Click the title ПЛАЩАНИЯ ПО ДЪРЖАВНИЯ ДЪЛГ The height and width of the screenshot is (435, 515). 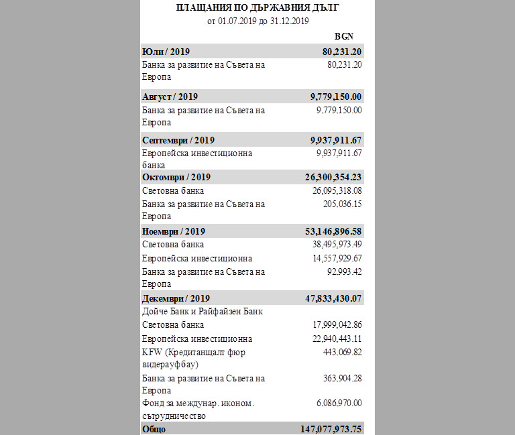coord(257,8)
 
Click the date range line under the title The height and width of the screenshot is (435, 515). coord(257,21)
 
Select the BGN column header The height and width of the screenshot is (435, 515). coord(343,36)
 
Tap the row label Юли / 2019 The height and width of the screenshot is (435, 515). coord(166,52)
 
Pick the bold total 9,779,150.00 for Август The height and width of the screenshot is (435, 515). coord(336,97)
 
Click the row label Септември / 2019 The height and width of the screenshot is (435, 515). coord(178,140)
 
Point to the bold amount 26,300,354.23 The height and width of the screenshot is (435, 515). coord(333,177)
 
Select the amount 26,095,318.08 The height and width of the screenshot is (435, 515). coord(337,191)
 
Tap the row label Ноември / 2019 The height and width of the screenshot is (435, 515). coord(174,231)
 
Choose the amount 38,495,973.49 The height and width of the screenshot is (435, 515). coord(337,245)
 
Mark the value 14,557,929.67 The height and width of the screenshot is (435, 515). coord(337,259)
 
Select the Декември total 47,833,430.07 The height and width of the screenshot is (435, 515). coord(333,298)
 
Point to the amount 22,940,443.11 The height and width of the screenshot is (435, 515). coord(337,339)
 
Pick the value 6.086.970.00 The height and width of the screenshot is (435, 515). coord(339,403)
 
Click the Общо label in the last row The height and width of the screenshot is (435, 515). coord(154,429)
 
